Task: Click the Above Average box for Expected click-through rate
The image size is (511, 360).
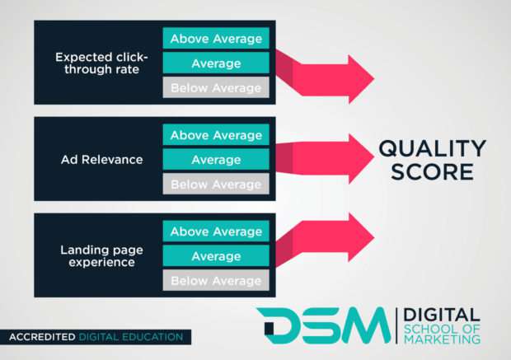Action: pyautogui.click(x=216, y=39)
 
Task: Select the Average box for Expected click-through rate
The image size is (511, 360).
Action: pyautogui.click(x=216, y=63)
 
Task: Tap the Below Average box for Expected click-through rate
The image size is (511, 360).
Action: pyautogui.click(x=216, y=88)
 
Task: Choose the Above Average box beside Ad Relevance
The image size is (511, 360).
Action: pyautogui.click(x=216, y=135)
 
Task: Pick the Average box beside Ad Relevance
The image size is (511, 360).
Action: pyautogui.click(x=216, y=160)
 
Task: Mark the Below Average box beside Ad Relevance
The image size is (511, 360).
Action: pyautogui.click(x=216, y=185)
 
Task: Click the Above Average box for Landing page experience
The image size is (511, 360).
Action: pyautogui.click(x=216, y=232)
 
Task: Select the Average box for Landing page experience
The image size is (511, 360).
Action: pyautogui.click(x=216, y=257)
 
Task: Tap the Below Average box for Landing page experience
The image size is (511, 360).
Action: pyautogui.click(x=216, y=281)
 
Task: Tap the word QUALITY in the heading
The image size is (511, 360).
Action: pyautogui.click(x=432, y=148)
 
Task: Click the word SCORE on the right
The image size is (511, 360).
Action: pyautogui.click(x=433, y=173)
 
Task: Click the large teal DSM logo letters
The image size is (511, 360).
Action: pyautogui.click(x=321, y=325)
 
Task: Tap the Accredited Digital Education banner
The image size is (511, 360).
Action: pyautogui.click(x=96, y=336)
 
